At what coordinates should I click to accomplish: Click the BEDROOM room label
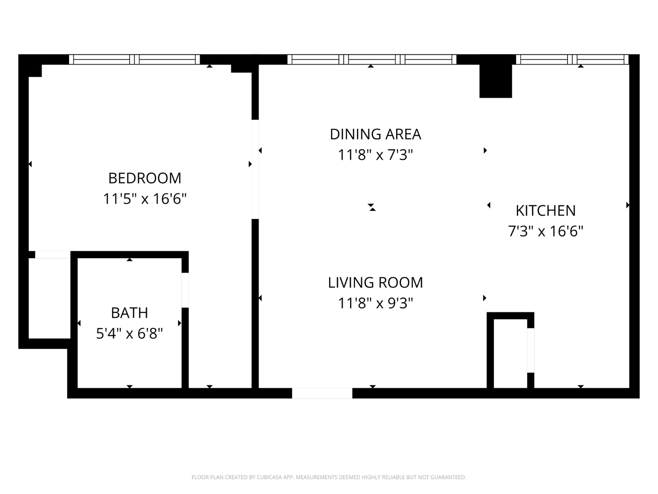click(x=144, y=178)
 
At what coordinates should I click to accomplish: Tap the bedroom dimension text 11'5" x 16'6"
click(x=144, y=198)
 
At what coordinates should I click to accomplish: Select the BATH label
click(x=130, y=313)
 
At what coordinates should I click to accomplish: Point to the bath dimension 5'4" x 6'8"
click(x=130, y=333)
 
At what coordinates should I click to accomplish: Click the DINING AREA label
click(x=375, y=134)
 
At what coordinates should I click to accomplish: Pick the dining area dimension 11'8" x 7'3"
click(x=375, y=155)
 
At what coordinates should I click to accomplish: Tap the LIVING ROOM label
click(x=375, y=282)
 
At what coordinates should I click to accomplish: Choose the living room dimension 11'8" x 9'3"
click(x=375, y=303)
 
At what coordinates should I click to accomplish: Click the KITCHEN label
click(x=546, y=210)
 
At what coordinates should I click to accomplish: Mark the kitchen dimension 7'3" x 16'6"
click(x=546, y=231)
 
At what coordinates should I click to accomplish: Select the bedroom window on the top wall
click(x=134, y=59)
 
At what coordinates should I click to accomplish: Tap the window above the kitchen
click(x=572, y=59)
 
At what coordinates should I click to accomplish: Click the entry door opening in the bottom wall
click(x=322, y=393)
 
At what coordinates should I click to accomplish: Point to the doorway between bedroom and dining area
click(x=255, y=169)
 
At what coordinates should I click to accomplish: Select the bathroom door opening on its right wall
click(x=185, y=290)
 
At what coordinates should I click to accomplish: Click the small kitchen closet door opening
click(x=531, y=350)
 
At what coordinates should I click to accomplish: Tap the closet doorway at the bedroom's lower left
click(x=53, y=255)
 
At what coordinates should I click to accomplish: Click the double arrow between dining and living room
click(x=372, y=207)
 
